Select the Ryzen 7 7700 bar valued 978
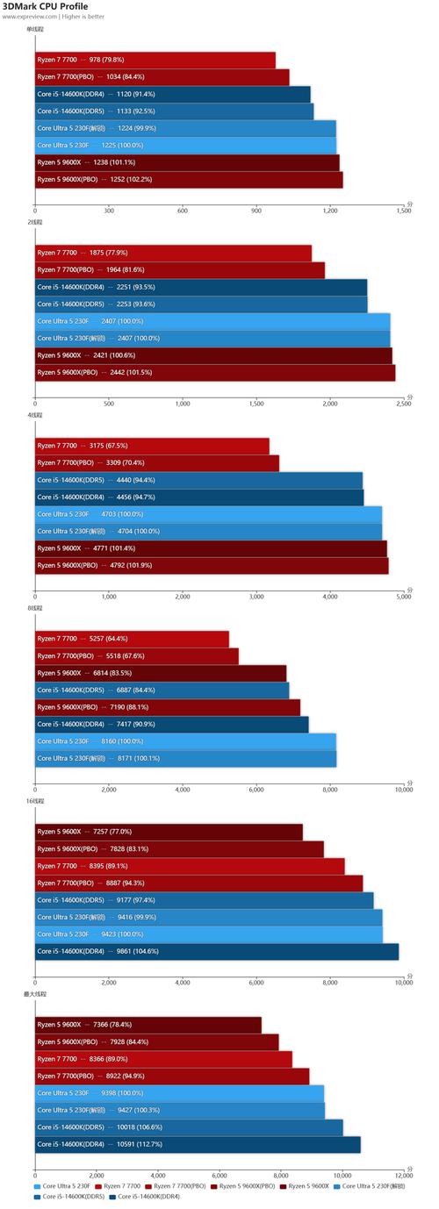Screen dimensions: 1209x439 [x=155, y=60]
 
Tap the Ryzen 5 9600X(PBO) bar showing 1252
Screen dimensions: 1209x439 [x=189, y=179]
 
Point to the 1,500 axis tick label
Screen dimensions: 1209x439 [x=403, y=211]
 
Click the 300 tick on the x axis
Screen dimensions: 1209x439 [x=109, y=211]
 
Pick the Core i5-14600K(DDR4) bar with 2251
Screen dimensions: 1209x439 [x=201, y=287]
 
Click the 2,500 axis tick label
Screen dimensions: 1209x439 [x=403, y=404]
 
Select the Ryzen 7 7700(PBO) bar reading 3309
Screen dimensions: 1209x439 [x=157, y=462]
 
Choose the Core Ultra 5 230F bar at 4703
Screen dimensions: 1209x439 [x=208, y=514]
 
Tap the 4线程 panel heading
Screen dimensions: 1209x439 [x=34, y=415]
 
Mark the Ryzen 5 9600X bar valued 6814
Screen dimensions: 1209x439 [x=161, y=673]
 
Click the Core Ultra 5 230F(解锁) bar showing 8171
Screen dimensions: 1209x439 [x=185, y=758]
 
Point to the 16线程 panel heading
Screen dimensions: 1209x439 [x=36, y=801]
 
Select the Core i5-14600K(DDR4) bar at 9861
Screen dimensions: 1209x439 [x=217, y=951]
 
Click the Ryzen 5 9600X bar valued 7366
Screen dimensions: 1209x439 [x=148, y=1024]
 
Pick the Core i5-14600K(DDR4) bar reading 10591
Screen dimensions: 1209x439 [x=198, y=1144]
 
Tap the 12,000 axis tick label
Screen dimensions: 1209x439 [x=401, y=1176]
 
